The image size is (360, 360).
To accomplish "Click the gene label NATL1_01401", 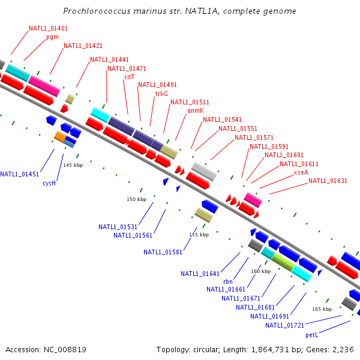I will click(x=48, y=28).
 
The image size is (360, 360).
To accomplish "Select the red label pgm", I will click(x=52, y=37).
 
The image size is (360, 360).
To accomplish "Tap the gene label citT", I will click(x=130, y=77).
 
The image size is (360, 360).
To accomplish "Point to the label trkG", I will click(x=161, y=94).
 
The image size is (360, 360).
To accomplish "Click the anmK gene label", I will click(x=196, y=110).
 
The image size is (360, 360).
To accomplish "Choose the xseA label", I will click(x=301, y=172).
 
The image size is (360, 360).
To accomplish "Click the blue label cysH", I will click(x=49, y=183).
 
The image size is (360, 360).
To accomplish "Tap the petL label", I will click(x=311, y=334).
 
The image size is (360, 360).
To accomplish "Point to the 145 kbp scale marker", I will click(x=73, y=165).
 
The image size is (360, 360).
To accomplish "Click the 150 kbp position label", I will click(x=136, y=199).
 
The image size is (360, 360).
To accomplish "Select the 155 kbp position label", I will click(x=199, y=235).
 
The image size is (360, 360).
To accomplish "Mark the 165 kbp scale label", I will click(x=322, y=309).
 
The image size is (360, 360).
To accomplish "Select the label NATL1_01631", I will click(x=328, y=181).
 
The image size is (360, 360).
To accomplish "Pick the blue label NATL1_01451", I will click(x=19, y=174).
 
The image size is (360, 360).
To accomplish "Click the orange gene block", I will click(x=60, y=137).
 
